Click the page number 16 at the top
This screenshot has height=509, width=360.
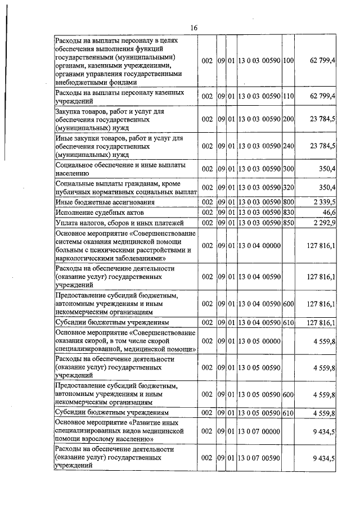click(194, 28)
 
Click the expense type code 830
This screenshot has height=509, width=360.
click(289, 212)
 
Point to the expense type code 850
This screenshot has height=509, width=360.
click(289, 223)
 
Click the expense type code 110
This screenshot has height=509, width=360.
click(289, 96)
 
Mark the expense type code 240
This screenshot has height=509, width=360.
click(289, 146)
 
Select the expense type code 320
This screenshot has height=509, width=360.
click(289, 187)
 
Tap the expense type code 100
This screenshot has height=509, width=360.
click(289, 60)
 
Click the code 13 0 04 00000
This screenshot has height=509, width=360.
click(259, 245)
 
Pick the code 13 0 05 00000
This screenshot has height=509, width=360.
click(259, 341)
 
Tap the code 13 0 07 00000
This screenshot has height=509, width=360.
click(259, 431)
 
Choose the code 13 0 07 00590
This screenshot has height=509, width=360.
click(259, 458)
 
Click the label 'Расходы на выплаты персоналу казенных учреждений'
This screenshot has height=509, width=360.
click(118, 96)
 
